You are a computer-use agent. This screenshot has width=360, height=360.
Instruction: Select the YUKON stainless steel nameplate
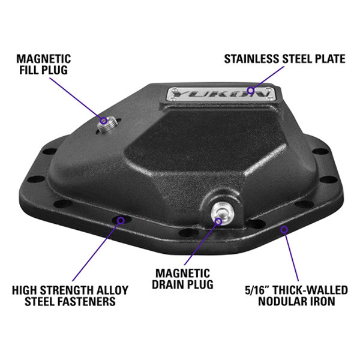click(221, 94)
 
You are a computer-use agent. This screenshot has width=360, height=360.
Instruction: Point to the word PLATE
click(330, 59)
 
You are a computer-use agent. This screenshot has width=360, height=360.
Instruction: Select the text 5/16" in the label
click(257, 290)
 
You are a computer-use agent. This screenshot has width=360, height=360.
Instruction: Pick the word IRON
click(322, 301)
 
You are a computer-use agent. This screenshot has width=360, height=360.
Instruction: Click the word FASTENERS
click(89, 301)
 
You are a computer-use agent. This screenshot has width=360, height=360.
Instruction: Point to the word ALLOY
click(112, 290)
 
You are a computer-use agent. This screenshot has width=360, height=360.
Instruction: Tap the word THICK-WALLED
click(310, 290)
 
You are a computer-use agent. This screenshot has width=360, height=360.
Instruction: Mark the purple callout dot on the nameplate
click(251, 90)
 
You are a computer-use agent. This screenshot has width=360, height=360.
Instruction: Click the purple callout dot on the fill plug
click(104, 121)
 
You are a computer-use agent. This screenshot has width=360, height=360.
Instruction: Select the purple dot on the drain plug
click(218, 221)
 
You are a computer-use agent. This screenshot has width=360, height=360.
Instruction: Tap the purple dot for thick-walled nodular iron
click(284, 229)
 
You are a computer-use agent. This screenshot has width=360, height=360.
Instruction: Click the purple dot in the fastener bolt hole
click(121, 220)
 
